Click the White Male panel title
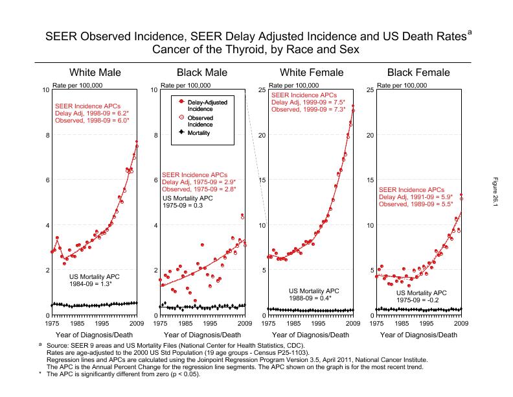pos(95,72)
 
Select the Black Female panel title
pos(418,72)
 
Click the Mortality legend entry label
pos(199,133)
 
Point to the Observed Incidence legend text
pos(200,121)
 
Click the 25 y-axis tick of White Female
pos(262,90)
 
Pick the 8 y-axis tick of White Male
pos(46,135)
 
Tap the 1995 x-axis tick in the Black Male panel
pos(211,322)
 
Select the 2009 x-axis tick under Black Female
pos(461,322)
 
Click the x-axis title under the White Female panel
pos(310,335)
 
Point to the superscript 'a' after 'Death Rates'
pos(470,32)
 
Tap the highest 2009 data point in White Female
pos(353,106)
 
